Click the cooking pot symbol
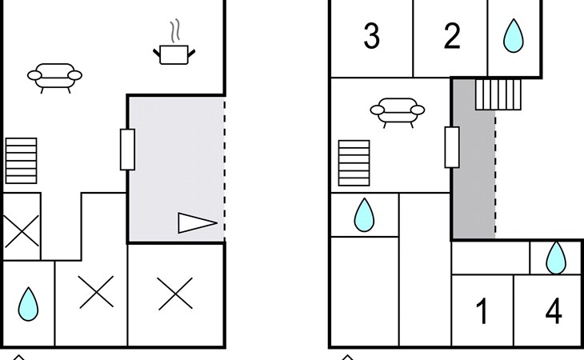174,54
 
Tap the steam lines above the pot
175,30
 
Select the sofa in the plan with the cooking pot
54,78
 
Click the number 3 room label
372,36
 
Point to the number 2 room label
452,36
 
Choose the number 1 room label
482,311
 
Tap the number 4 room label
554,311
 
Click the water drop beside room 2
514,36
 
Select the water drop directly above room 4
556,258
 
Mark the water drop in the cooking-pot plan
28,304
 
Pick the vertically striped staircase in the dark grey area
498,94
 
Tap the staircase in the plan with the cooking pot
22,161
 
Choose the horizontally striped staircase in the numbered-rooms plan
354,163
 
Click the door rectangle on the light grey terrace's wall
127,150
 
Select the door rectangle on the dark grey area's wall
452,147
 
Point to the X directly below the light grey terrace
175,294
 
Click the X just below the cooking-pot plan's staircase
22,231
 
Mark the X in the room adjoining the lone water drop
97,292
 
